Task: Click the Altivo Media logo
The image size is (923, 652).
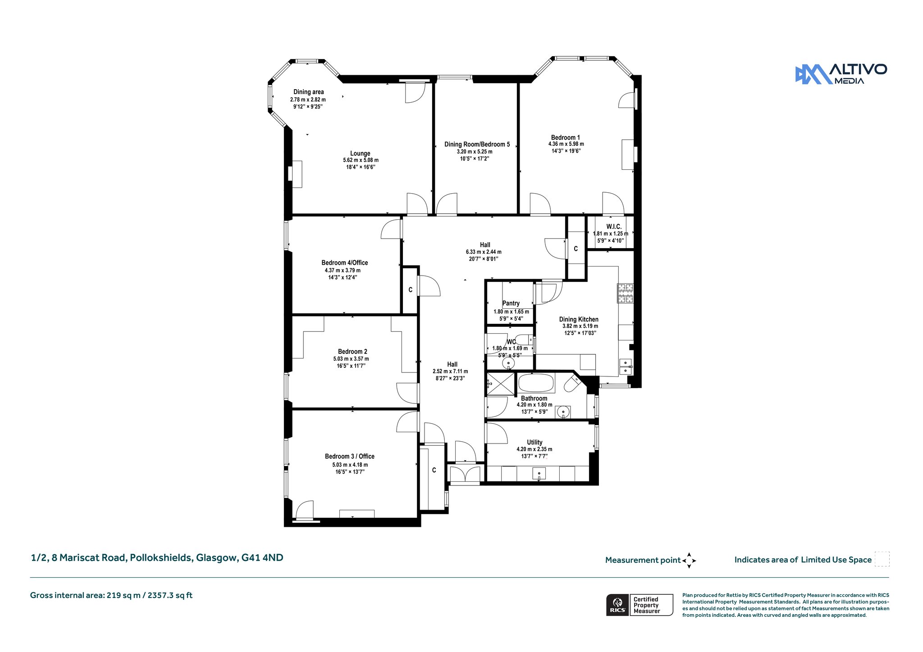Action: point(841,74)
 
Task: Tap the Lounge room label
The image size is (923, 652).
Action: point(361,154)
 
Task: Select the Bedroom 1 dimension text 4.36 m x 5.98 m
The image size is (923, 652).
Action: point(566,144)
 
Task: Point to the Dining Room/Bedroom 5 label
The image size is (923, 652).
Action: point(477,145)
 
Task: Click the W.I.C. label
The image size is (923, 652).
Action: point(614,226)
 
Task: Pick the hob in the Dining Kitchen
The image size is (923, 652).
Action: point(626,293)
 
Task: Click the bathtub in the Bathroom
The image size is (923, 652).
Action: point(536,383)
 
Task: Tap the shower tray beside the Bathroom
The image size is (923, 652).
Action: point(500,384)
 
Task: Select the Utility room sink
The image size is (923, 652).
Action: point(539,474)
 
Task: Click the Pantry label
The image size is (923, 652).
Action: point(511,303)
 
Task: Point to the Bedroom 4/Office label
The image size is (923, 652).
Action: point(345,263)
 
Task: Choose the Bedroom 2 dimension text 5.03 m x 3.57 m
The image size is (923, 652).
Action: point(351,359)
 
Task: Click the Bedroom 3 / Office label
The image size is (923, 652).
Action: point(350,457)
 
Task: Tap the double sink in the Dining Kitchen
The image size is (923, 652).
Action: point(626,367)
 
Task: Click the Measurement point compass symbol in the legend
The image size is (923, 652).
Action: point(689,561)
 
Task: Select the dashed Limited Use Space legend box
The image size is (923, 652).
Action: point(882,559)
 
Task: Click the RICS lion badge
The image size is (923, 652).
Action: point(617,605)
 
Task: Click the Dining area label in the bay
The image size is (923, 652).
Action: point(309,92)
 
